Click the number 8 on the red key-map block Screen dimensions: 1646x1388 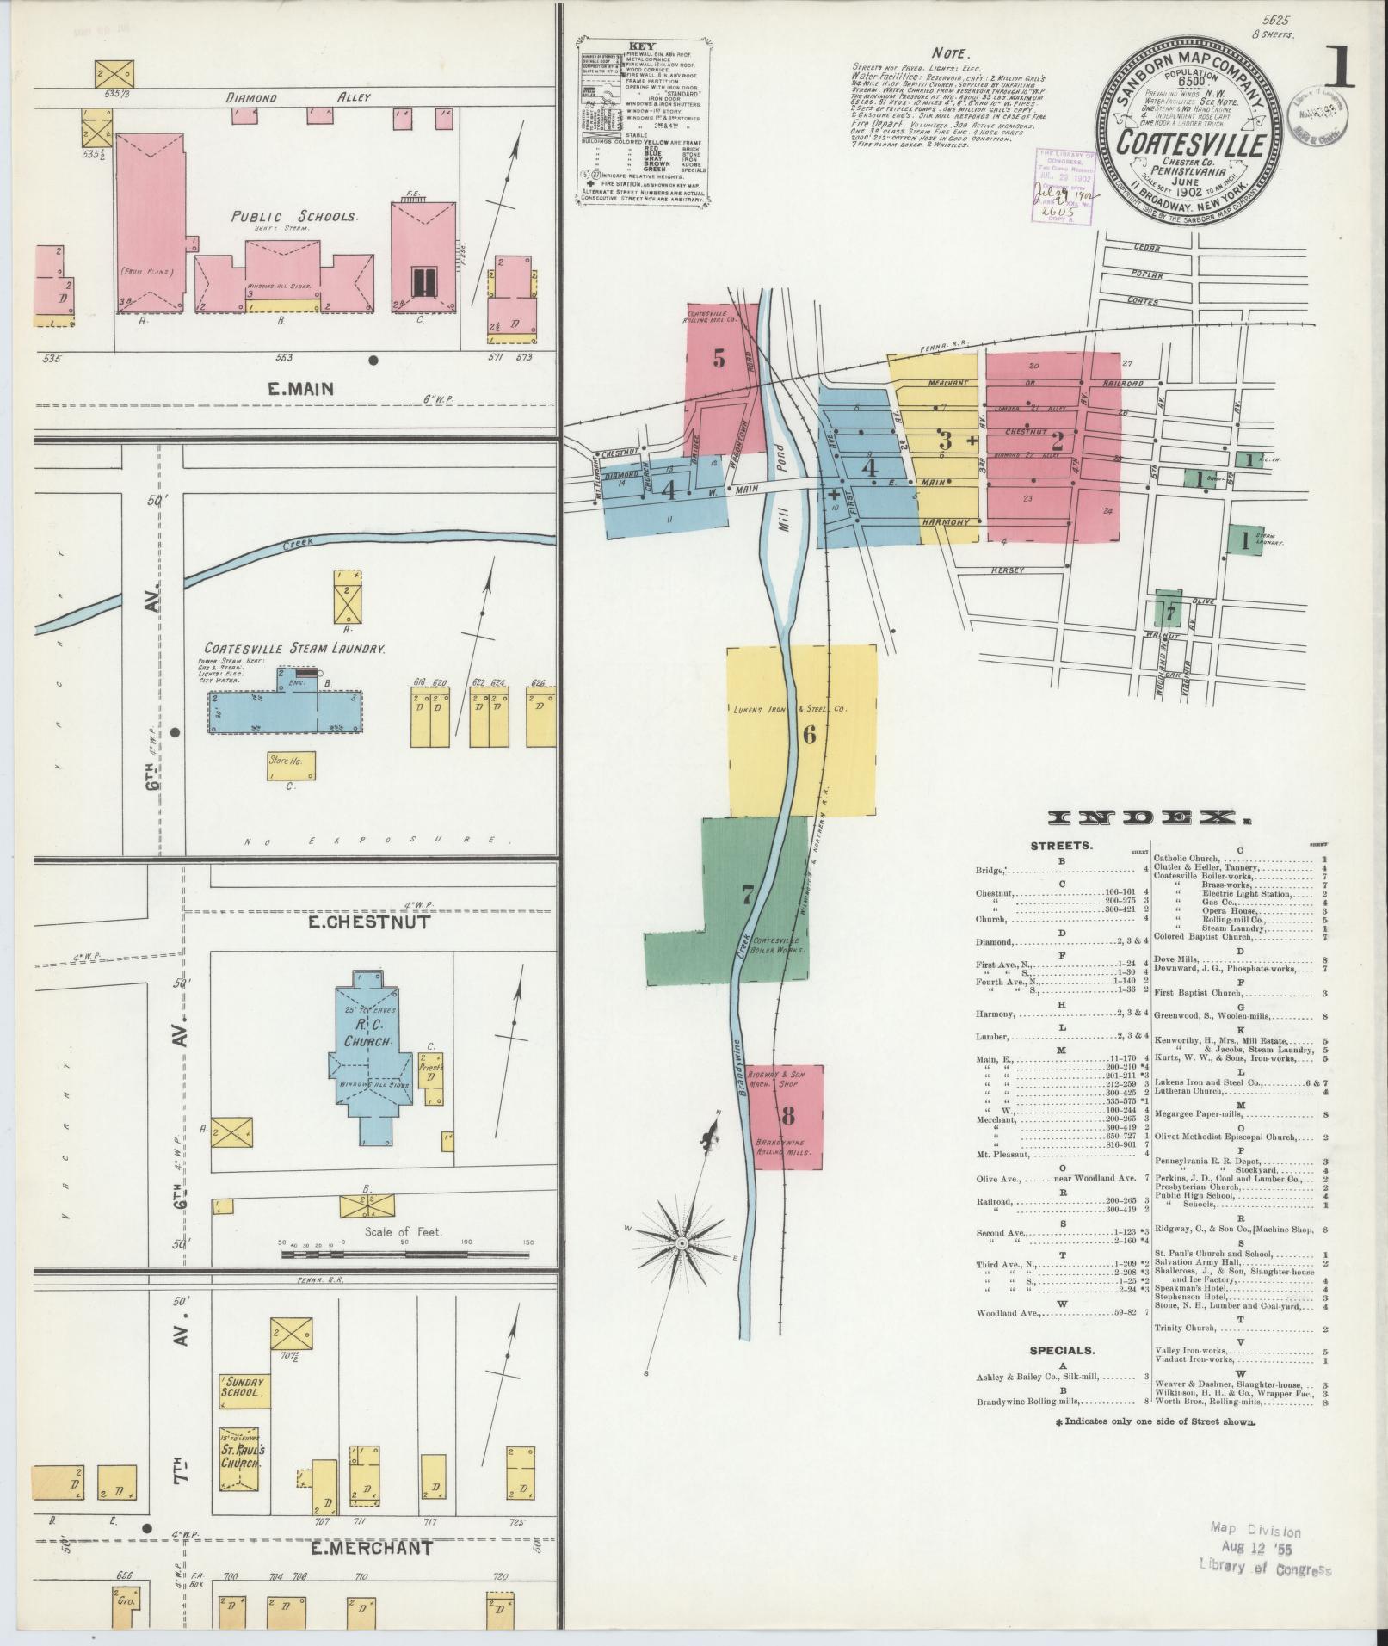[787, 1115]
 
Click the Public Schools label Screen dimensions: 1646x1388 [293, 217]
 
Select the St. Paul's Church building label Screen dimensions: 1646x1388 [244, 1456]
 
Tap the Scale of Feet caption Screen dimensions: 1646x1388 [404, 1231]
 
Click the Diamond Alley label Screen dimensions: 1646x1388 [299, 97]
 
